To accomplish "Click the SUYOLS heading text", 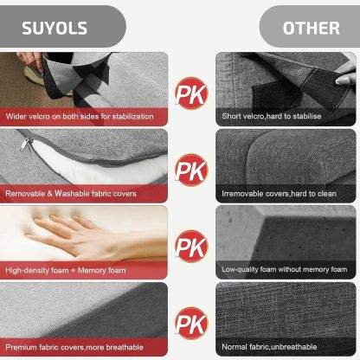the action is [55, 29].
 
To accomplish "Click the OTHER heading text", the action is [312, 29].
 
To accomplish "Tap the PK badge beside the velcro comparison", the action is [191, 93].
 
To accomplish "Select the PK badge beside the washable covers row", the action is [191, 170].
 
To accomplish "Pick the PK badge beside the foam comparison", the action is [191, 246].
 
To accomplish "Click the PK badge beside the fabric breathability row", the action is [191, 323].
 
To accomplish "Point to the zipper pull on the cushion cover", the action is [26, 144].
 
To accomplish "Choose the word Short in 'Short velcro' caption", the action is [231, 116].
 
